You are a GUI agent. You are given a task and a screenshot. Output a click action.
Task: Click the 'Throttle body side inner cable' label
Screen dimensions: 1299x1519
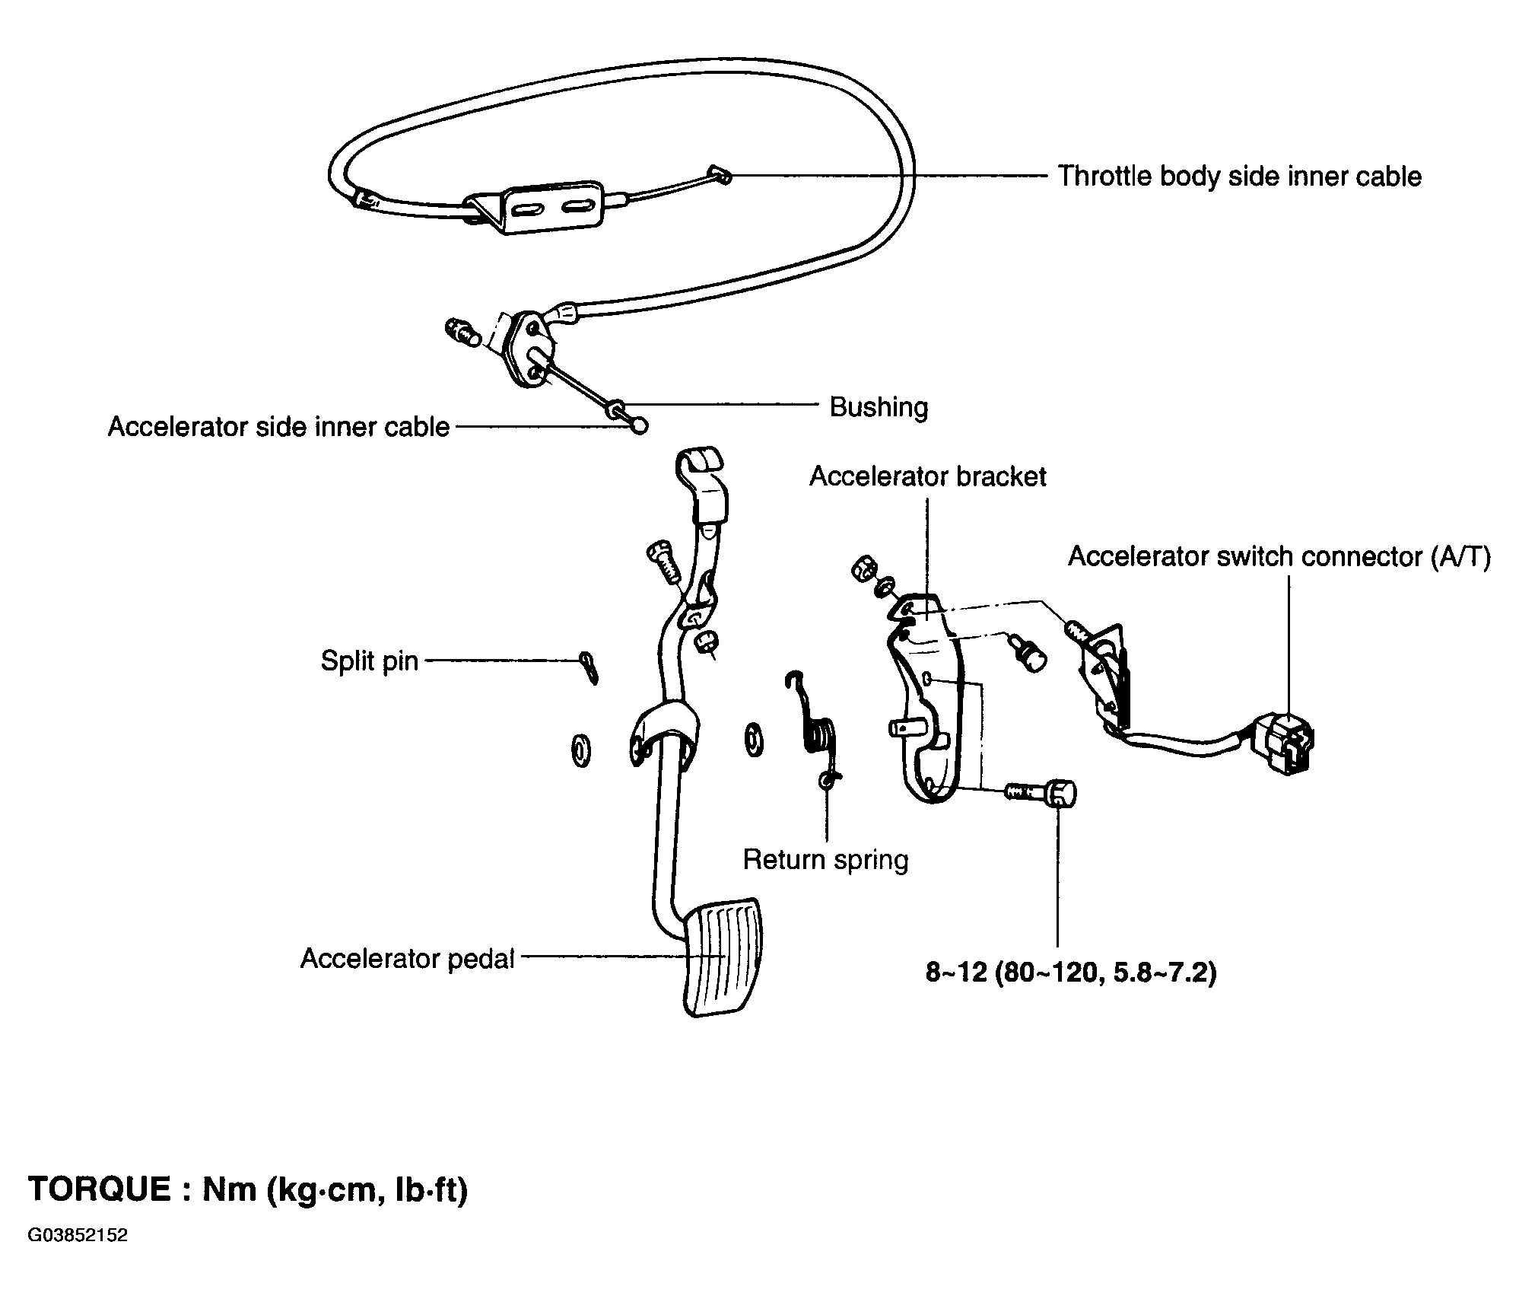[1239, 177]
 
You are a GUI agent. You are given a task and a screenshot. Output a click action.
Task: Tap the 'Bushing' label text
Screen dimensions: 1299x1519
[879, 407]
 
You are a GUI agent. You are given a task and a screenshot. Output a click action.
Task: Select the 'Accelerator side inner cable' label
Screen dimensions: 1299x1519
[278, 427]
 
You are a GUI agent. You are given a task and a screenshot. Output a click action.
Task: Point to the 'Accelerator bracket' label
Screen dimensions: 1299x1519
[927, 477]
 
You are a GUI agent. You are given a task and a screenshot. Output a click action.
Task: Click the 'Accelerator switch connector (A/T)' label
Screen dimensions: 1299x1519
[1279, 557]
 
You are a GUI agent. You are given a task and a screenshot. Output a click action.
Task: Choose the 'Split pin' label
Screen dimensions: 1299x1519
[369, 661]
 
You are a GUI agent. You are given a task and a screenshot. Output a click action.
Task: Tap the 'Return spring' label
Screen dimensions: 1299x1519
[825, 860]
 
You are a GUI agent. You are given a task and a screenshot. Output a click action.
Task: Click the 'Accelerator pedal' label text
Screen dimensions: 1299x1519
[408, 958]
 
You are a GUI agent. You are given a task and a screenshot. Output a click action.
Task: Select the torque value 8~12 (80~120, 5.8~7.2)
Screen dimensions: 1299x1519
[1070, 973]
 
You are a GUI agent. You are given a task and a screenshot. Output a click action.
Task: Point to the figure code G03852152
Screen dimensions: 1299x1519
[78, 1256]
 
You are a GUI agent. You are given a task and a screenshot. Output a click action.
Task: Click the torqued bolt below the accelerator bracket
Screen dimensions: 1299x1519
[1042, 794]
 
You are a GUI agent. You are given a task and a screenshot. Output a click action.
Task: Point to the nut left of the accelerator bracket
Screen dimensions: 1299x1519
[863, 569]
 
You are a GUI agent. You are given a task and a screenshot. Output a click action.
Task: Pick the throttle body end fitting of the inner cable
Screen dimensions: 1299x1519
[718, 174]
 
